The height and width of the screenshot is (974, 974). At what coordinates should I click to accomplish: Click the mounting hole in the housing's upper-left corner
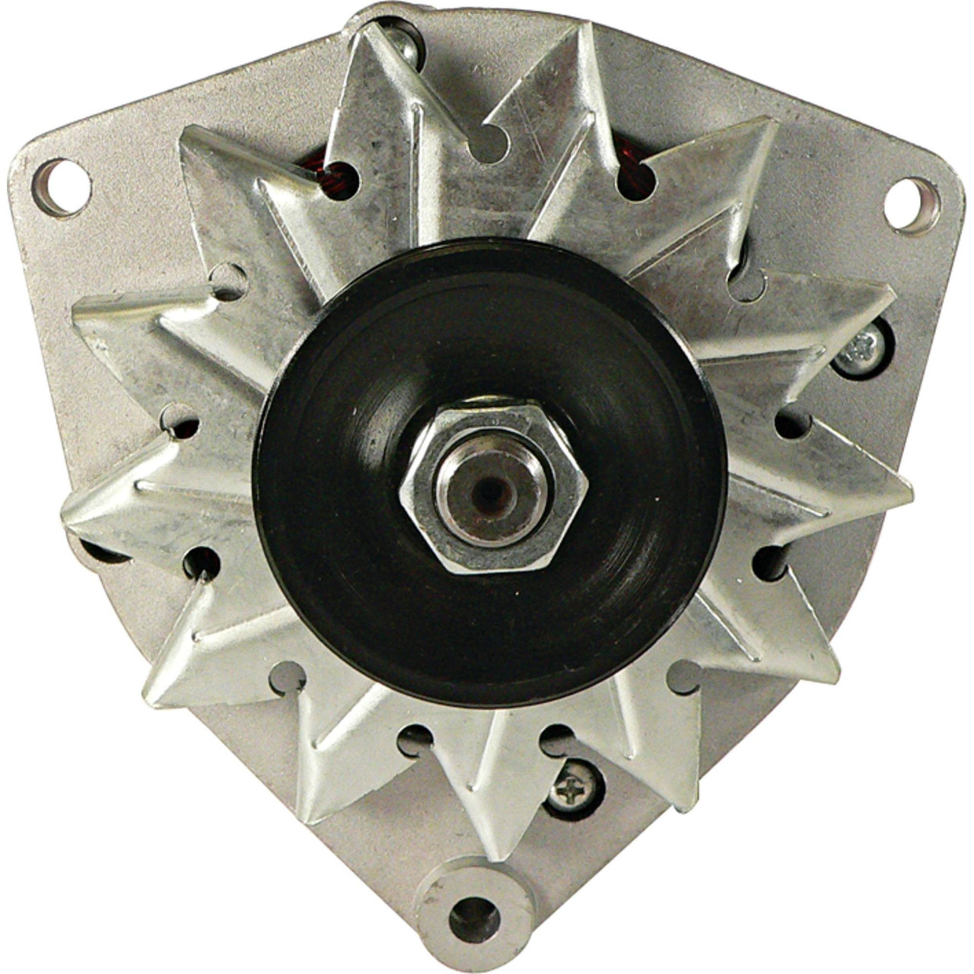pyautogui.click(x=61, y=187)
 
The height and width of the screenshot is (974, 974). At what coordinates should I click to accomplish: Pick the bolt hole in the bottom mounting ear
pyautogui.click(x=474, y=917)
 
